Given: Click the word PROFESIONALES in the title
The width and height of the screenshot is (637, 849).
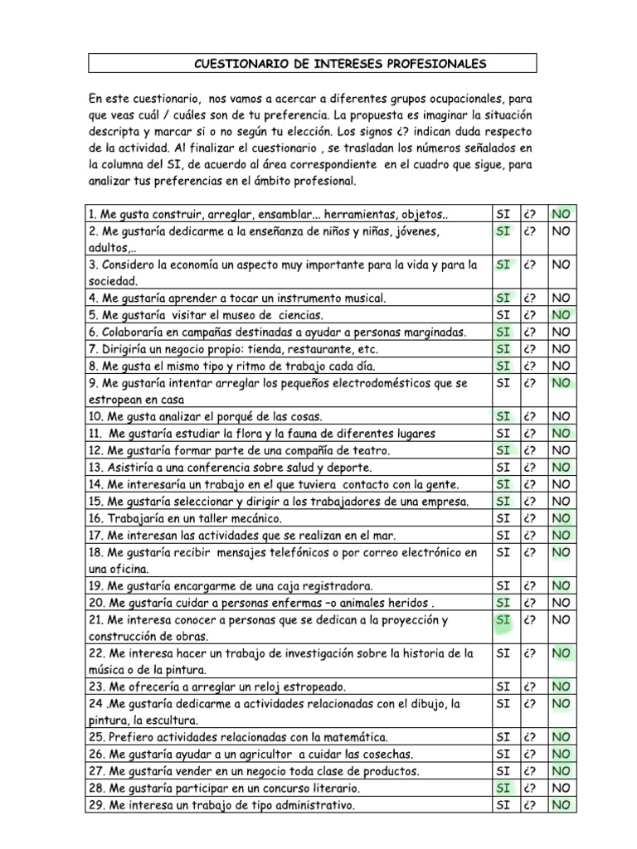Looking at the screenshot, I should (x=442, y=63).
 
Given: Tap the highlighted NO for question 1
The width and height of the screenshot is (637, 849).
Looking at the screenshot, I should (x=561, y=214).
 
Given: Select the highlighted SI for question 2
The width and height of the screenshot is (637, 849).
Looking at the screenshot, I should (x=503, y=230).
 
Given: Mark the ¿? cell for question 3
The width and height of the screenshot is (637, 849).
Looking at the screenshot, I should (x=532, y=265).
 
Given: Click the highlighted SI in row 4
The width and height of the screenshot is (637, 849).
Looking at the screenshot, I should (x=503, y=297).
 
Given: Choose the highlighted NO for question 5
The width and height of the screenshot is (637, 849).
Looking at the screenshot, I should (x=561, y=314).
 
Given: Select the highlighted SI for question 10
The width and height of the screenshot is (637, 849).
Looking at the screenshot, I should (x=503, y=416).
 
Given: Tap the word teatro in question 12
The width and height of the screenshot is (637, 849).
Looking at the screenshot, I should (x=370, y=450).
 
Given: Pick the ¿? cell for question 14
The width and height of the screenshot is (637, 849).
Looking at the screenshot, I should (x=532, y=484).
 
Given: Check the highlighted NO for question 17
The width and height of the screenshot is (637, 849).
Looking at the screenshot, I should (x=561, y=535).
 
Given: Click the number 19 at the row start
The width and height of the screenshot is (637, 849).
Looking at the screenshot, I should (x=94, y=585).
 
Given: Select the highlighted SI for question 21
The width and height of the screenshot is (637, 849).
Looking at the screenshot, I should (x=503, y=620).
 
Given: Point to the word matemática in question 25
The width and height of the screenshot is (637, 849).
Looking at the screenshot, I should (x=353, y=736).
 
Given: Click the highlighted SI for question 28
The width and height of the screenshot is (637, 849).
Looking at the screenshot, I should (x=503, y=788).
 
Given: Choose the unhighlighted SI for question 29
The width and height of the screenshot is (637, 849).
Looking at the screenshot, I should (x=503, y=805).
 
